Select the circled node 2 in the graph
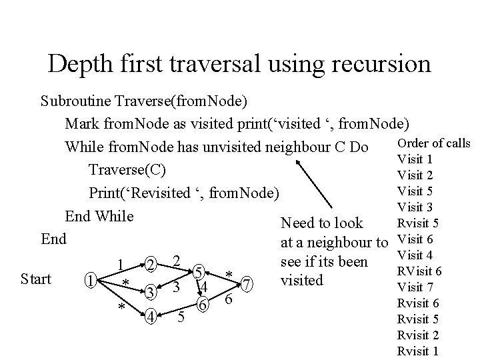pos(151,265)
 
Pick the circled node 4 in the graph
pos(151,316)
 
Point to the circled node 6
pos(205,304)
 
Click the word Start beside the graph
pos(36,279)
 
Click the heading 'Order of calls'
pos(433,143)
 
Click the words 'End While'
pos(99,216)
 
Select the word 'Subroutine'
pos(75,102)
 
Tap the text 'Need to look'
pos(322,223)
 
